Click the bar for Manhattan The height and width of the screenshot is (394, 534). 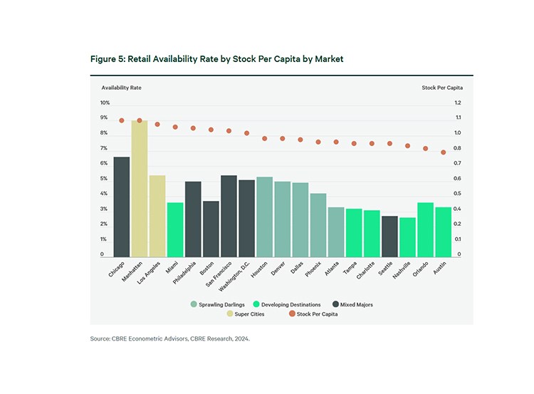[x=140, y=189]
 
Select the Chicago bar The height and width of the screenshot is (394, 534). [x=122, y=207]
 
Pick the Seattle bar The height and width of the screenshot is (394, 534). [x=389, y=236]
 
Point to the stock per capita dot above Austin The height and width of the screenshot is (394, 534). [x=443, y=152]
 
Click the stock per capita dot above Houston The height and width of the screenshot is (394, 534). [x=264, y=138]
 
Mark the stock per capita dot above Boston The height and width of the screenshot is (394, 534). [x=211, y=130]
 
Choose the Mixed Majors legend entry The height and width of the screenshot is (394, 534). [x=353, y=304]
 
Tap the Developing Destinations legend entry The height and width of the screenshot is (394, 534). [x=293, y=304]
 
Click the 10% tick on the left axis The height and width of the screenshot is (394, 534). [x=104, y=103]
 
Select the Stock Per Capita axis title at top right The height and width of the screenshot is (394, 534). [x=441, y=88]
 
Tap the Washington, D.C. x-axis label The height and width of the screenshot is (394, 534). [x=235, y=272]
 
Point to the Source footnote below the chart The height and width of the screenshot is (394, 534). [x=169, y=338]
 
